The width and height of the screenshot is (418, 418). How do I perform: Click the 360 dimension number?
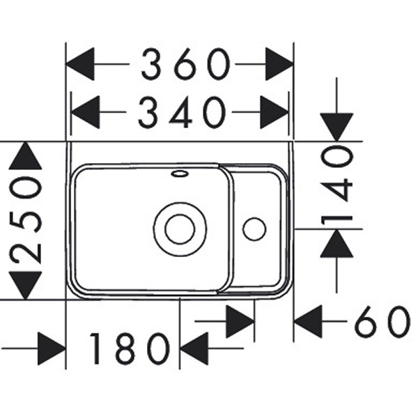(186, 64)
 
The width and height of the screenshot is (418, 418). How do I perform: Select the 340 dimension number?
(182, 112)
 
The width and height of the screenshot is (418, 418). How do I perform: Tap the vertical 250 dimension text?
(26, 220)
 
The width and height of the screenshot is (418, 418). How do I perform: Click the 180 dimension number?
(130, 348)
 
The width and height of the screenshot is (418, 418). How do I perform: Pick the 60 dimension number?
(382, 321)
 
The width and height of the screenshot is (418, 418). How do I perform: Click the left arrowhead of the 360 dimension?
(80, 64)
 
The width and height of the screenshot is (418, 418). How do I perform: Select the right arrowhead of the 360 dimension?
(279, 64)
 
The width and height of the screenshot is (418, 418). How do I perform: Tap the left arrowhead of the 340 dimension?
(85, 112)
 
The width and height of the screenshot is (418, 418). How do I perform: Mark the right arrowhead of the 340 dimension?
(274, 112)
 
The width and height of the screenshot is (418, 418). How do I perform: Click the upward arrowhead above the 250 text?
(25, 155)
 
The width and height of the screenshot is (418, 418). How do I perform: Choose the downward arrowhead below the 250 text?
(25, 285)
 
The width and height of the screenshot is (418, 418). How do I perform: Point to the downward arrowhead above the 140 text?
(336, 127)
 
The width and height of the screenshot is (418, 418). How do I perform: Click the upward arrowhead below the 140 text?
(336, 243)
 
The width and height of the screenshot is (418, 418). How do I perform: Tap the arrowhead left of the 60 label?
(308, 321)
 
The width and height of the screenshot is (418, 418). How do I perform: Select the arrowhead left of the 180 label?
(52, 348)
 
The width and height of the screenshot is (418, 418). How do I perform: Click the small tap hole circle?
(254, 229)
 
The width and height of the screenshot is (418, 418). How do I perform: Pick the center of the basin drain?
(180, 229)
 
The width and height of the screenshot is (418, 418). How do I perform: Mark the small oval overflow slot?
(180, 173)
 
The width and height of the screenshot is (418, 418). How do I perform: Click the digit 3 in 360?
(152, 64)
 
